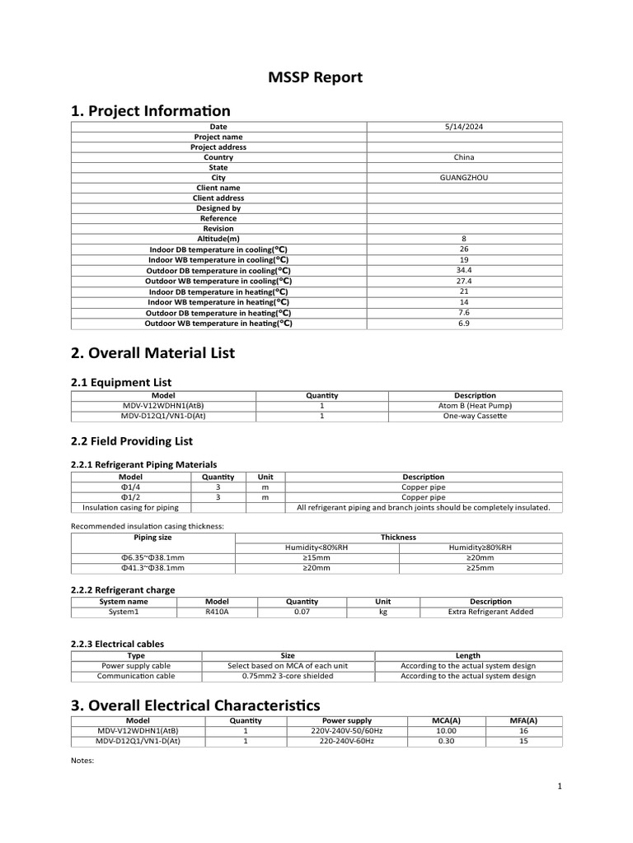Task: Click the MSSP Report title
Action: [316, 78]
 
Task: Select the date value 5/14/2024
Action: [464, 127]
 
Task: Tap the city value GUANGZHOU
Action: [464, 178]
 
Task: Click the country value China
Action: [464, 157]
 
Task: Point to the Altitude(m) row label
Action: [218, 239]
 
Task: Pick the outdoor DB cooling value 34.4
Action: [464, 270]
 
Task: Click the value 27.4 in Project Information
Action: [464, 281]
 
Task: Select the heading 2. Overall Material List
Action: [152, 352]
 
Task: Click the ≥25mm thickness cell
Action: [481, 568]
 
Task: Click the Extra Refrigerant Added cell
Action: [490, 612]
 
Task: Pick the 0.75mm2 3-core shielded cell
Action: [288, 676]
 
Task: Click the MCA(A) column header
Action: [445, 720]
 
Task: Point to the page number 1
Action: [559, 787]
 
